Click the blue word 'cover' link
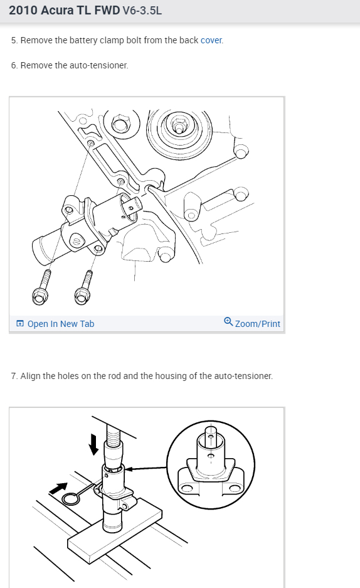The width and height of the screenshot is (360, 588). tap(211, 40)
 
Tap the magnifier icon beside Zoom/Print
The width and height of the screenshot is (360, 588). tap(228, 322)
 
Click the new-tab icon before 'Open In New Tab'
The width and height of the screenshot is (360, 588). tap(20, 323)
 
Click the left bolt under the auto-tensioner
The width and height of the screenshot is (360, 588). tap(41, 287)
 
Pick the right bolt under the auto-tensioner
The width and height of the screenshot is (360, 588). tap(84, 287)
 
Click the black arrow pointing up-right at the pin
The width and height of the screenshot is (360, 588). tap(58, 488)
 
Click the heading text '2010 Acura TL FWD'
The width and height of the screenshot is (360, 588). tap(65, 10)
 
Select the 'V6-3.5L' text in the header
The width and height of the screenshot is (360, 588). tap(142, 11)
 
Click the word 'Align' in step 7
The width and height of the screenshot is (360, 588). tap(30, 376)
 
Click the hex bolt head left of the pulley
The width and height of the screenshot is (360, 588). tap(121, 124)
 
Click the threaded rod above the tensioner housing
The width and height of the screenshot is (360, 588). tap(113, 435)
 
